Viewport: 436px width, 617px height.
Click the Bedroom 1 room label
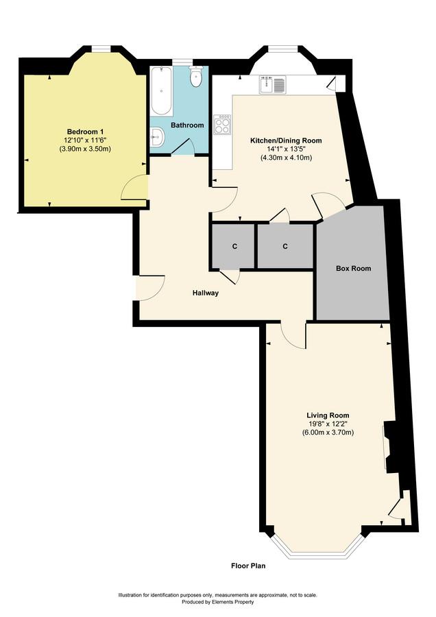(86, 132)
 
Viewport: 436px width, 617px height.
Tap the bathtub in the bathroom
(161, 91)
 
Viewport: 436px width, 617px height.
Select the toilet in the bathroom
(195, 77)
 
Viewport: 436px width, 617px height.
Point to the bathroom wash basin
(158, 137)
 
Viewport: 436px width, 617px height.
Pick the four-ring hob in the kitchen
(222, 124)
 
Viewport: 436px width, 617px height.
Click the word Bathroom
(187, 125)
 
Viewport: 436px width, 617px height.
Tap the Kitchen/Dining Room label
(286, 141)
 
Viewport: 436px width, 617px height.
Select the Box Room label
(353, 268)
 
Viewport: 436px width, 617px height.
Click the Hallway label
(206, 293)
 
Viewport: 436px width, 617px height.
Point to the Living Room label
(328, 415)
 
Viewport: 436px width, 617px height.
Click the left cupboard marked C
(235, 247)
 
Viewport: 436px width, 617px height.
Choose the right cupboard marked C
(285, 246)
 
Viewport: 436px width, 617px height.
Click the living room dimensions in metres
(328, 433)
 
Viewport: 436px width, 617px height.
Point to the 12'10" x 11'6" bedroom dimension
(86, 140)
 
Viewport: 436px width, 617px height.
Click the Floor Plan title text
(248, 566)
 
